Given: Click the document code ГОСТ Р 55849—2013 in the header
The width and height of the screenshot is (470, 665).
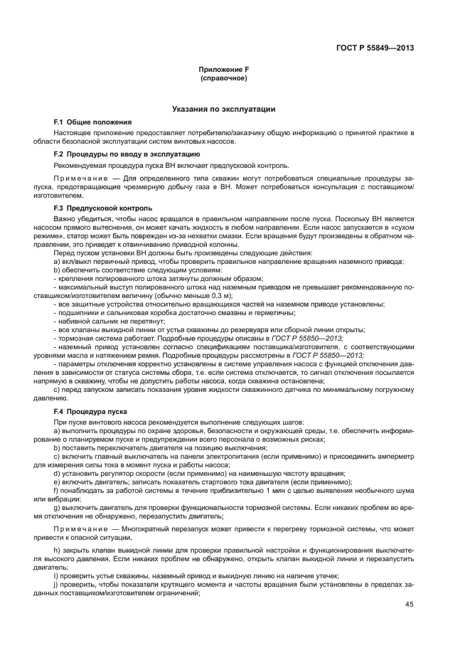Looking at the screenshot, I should [x=375, y=49].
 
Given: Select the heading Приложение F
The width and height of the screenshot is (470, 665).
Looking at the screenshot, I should [x=224, y=69].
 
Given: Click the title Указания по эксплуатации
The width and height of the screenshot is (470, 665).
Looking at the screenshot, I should [x=224, y=109].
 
